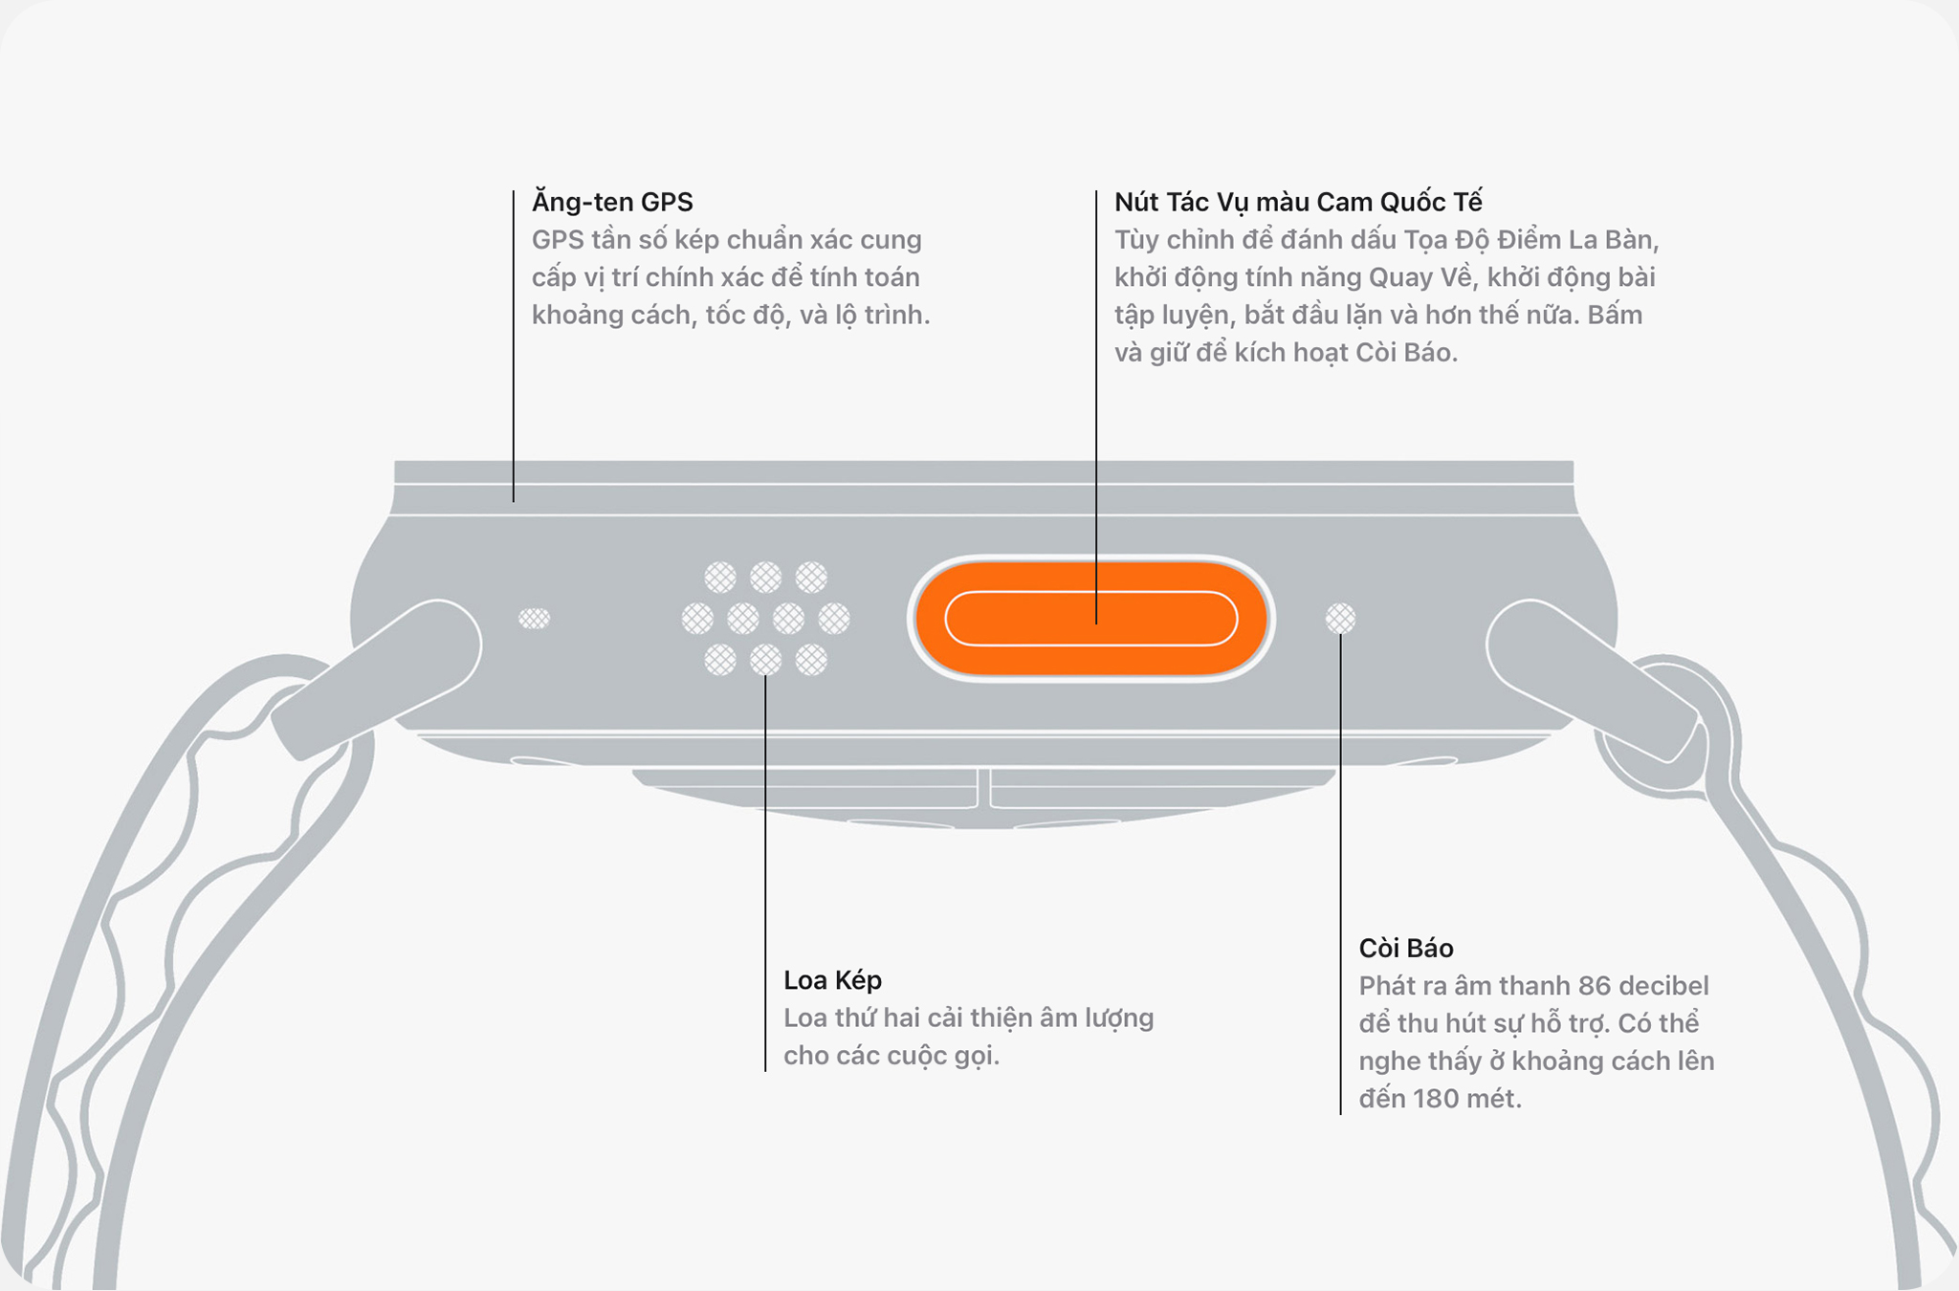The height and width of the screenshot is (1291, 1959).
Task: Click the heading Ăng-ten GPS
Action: coord(612,202)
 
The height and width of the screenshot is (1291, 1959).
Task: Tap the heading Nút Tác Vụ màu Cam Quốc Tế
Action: coord(1298,202)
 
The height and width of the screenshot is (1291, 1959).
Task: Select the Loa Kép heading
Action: coord(832,980)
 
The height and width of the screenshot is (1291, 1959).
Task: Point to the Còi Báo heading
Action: coord(1406,949)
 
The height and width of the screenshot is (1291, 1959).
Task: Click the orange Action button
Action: coord(1090,619)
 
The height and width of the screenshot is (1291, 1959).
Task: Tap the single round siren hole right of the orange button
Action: coord(1340,619)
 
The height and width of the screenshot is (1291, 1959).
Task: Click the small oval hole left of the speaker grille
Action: coord(534,619)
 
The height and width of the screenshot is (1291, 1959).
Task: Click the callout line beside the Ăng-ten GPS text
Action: coord(514,344)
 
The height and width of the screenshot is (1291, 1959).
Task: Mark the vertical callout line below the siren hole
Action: coord(1340,861)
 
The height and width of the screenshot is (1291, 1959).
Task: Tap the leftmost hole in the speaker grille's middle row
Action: coord(697,619)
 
